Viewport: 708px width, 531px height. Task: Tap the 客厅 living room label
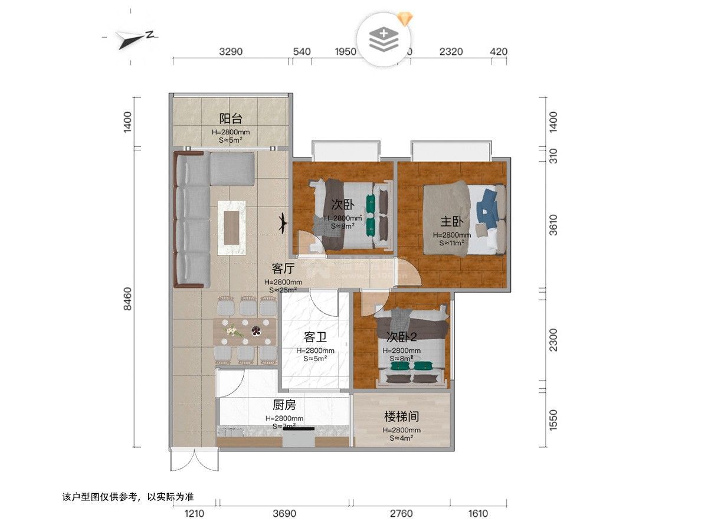283,268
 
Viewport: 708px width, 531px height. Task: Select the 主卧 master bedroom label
452,222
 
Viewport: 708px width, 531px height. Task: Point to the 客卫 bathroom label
315,337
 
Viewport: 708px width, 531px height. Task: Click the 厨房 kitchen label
284,405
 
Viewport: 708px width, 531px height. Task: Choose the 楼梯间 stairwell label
401,417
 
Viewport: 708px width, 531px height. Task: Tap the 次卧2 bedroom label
401,337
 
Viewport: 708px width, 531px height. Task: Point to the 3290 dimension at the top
231,51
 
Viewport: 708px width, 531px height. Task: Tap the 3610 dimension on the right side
553,224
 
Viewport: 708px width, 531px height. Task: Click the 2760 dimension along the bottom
401,514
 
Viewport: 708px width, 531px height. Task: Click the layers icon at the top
383,38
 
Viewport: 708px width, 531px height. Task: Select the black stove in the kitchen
299,437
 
